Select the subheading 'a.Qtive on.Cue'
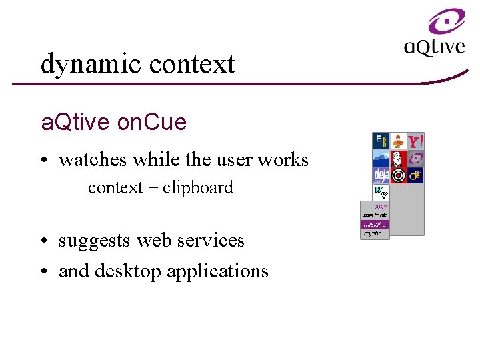tap(114, 123)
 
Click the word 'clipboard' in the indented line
tap(198, 188)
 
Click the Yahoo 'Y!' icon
tap(415, 141)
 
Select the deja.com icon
tap(381, 176)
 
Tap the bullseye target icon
tap(398, 176)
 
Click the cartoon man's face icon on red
tap(398, 159)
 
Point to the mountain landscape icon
tap(381, 159)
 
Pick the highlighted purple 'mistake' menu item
tap(375, 225)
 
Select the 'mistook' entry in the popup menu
tap(375, 215)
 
